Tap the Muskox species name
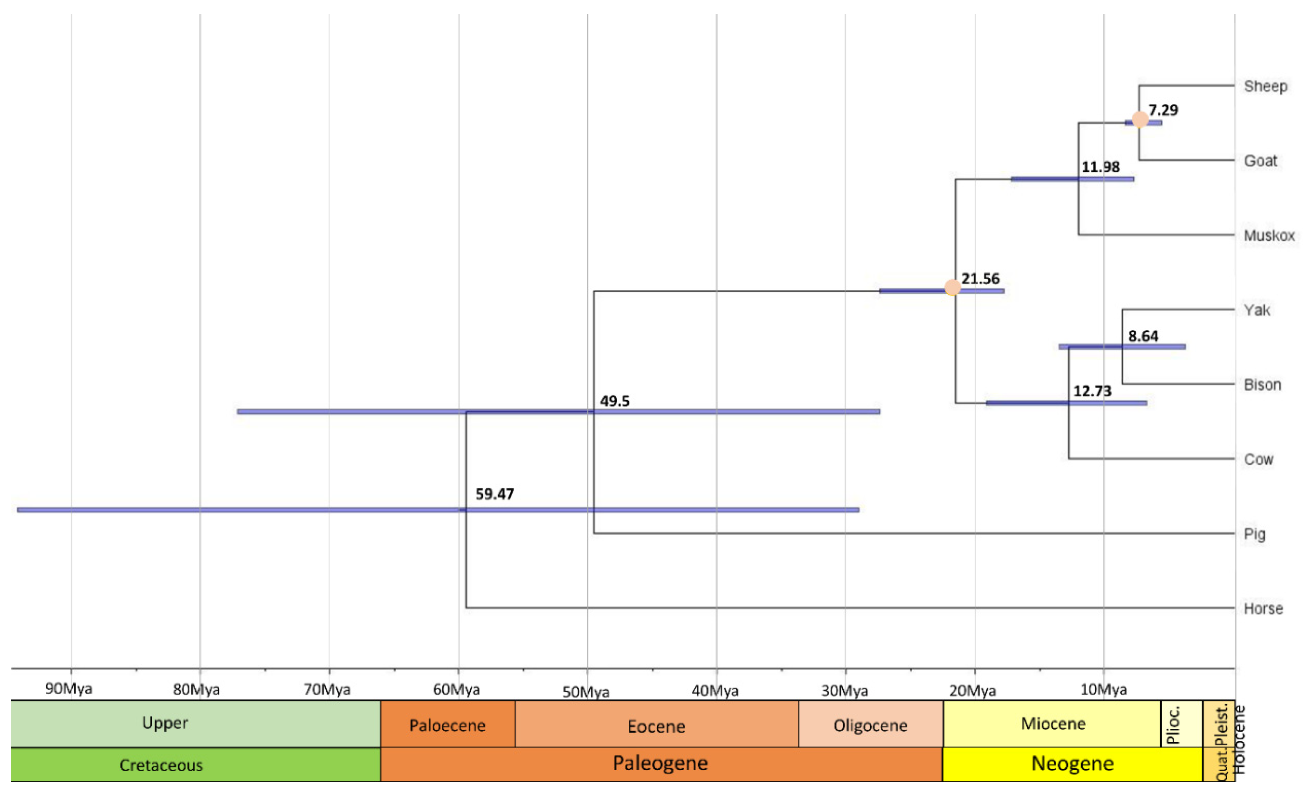tap(1269, 235)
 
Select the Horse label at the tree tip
tap(1263, 609)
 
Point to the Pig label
tap(1254, 534)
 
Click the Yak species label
tap(1256, 310)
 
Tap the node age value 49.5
tap(614, 401)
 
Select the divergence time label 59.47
tap(494, 494)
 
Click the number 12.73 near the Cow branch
tap(1092, 391)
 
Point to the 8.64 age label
tap(1143, 336)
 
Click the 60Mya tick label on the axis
tap(456, 690)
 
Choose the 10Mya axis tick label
tap(1103, 690)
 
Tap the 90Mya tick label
tap(69, 688)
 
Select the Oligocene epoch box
tap(870, 725)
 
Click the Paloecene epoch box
tap(447, 725)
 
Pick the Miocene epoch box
tap(1053, 724)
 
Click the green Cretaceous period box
tap(161, 764)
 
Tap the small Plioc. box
tap(1181, 724)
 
